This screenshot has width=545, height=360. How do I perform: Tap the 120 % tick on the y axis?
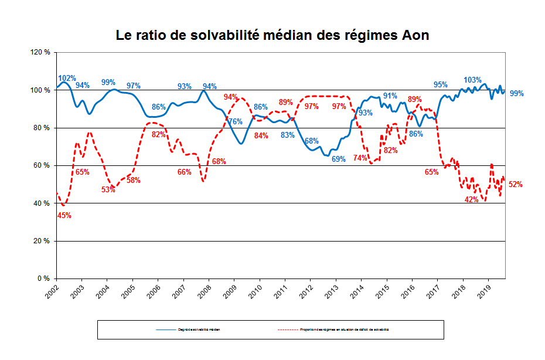[39, 52]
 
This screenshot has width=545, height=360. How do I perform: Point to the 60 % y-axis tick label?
[41, 165]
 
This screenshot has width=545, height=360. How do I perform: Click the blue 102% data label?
[67, 79]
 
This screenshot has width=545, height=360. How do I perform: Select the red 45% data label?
[64, 215]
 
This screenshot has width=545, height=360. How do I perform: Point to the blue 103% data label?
[472, 80]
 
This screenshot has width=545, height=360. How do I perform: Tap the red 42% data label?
[471, 199]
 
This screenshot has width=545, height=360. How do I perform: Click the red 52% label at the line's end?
[515, 184]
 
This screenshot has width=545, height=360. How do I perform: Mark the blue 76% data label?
[235, 122]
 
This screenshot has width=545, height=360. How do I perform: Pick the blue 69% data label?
[339, 159]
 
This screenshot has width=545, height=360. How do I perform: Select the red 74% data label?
[360, 158]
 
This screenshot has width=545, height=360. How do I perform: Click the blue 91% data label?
[390, 96]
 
